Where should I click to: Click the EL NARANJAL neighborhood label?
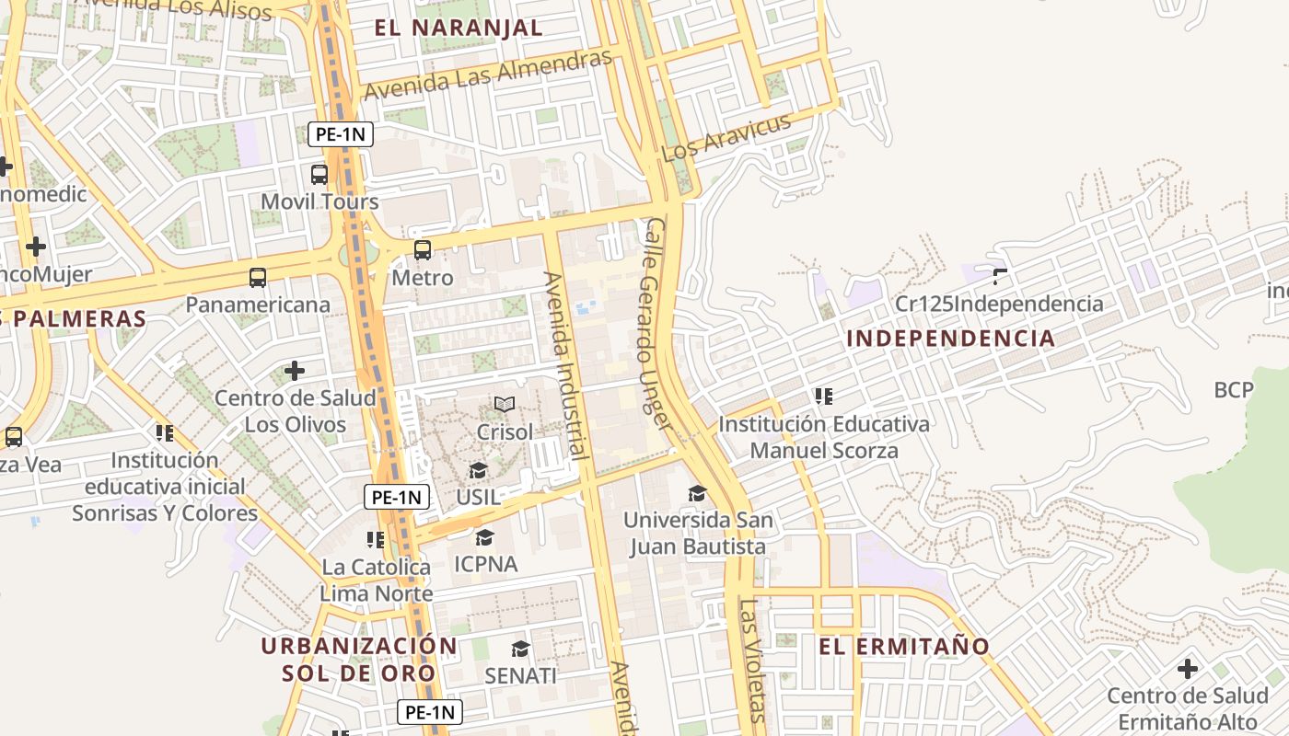click(x=459, y=28)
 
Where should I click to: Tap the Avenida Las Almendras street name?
click(x=487, y=75)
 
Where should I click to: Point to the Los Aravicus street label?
click(x=726, y=137)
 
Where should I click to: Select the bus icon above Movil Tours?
click(x=319, y=174)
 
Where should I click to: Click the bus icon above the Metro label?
click(x=423, y=249)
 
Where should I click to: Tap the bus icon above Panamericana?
click(x=258, y=277)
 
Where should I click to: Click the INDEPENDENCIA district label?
click(x=950, y=338)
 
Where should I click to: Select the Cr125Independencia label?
click(x=999, y=304)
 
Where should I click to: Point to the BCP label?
click(x=1234, y=390)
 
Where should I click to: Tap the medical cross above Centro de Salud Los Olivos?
click(x=295, y=371)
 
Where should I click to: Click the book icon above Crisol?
click(x=505, y=404)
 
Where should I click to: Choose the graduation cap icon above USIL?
click(x=478, y=471)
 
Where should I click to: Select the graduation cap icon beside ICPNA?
click(x=485, y=537)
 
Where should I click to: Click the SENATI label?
click(x=520, y=675)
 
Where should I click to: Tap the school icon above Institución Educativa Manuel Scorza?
click(x=823, y=397)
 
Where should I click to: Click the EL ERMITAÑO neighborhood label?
click(x=904, y=647)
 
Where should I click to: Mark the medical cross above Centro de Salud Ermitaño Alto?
click(x=1188, y=668)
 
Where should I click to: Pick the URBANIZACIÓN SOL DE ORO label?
click(x=358, y=659)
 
